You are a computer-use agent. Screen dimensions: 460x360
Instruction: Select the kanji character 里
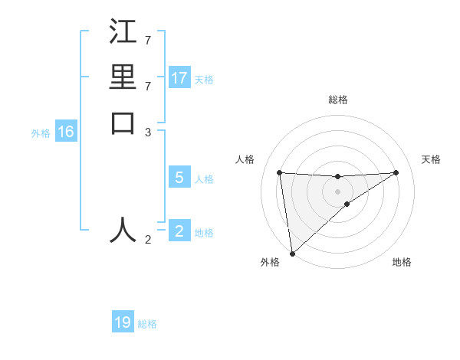(x=123, y=77)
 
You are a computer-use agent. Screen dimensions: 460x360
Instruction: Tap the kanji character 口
(x=123, y=123)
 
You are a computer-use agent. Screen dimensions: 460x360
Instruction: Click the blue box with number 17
(x=179, y=78)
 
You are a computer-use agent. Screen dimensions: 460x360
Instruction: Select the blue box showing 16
(x=66, y=132)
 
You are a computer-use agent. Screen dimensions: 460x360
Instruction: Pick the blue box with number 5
(x=179, y=178)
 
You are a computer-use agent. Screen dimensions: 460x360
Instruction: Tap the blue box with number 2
(x=179, y=231)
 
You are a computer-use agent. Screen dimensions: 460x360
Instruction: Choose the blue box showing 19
(x=123, y=322)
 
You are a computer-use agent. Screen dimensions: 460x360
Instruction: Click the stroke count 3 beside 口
(x=149, y=133)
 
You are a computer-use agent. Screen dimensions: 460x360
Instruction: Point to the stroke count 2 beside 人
(x=149, y=240)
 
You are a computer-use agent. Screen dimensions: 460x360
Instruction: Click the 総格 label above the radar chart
(x=338, y=100)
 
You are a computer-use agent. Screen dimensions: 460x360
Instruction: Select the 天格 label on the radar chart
(x=432, y=159)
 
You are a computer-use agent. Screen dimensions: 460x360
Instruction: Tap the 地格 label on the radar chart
(x=402, y=262)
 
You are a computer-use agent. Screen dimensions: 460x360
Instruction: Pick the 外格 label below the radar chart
(x=270, y=262)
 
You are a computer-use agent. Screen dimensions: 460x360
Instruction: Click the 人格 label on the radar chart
(x=245, y=159)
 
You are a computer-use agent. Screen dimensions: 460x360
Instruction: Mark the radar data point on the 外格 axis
(x=292, y=254)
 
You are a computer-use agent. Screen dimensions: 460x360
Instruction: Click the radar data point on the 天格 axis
(x=396, y=172)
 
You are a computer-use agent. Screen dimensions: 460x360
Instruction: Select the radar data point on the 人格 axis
(x=280, y=172)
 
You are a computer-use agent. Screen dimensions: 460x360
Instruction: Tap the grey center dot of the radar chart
(x=338, y=191)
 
